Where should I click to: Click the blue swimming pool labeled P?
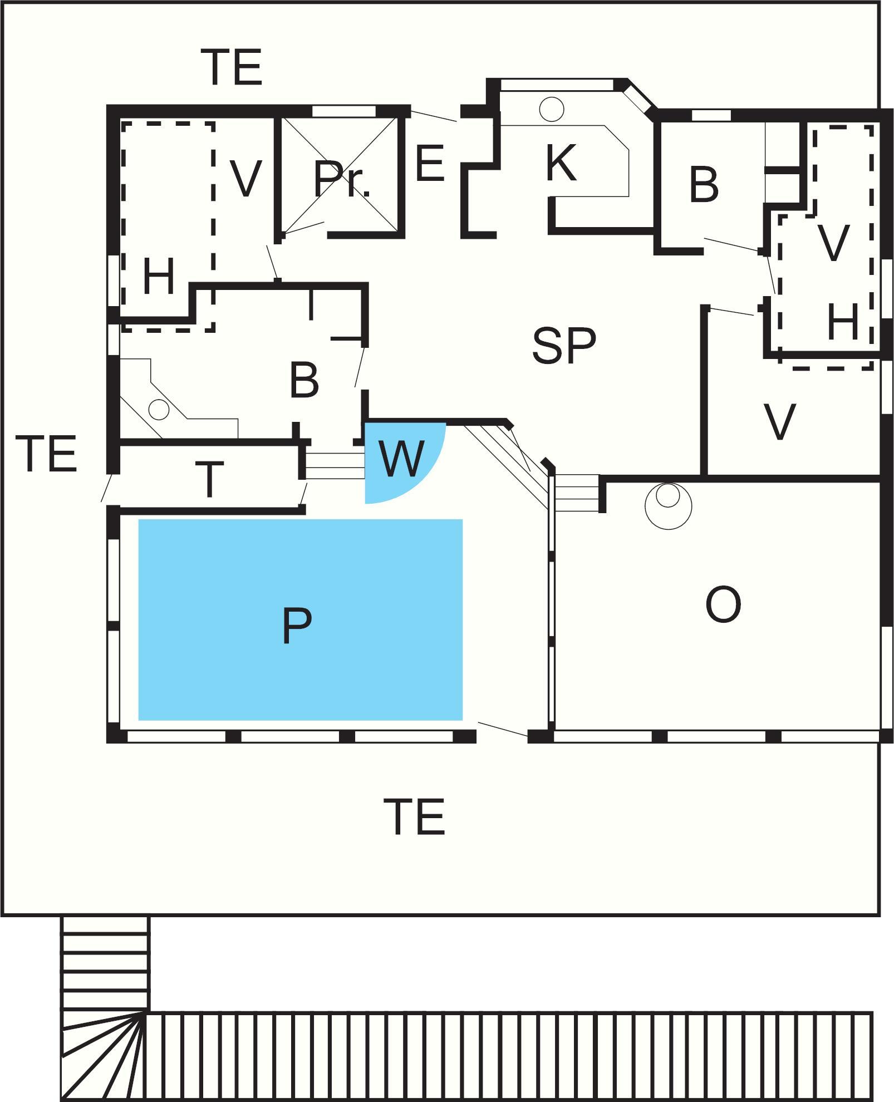tap(301, 619)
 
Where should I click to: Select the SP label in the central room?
tap(564, 346)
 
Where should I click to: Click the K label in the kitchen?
tap(561, 163)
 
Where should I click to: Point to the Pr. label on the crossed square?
tap(342, 179)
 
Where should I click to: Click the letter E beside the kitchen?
tap(430, 163)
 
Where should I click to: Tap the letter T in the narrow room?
tap(209, 479)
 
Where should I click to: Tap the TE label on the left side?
tap(47, 454)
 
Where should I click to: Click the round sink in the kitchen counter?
tap(552, 109)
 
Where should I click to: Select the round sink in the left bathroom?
tap(159, 410)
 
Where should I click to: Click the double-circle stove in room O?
tap(668, 506)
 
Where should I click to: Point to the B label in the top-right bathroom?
tap(704, 185)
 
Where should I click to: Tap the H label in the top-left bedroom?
tap(159, 277)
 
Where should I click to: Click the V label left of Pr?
tap(245, 179)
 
